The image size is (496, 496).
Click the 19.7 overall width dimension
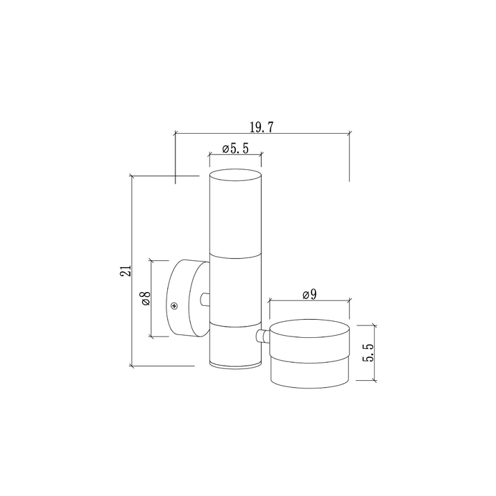pos(262,127)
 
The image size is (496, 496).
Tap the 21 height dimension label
pos(126,271)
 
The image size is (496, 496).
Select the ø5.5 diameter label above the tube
pos(235,148)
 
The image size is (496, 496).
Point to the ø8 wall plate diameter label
pos(146,298)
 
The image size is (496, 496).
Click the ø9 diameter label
pos(309,295)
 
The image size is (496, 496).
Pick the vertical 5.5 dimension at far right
pos(368,352)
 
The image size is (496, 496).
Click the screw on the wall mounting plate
pos(174,306)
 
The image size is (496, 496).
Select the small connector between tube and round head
pos(263,336)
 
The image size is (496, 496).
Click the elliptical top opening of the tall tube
pos(235,175)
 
